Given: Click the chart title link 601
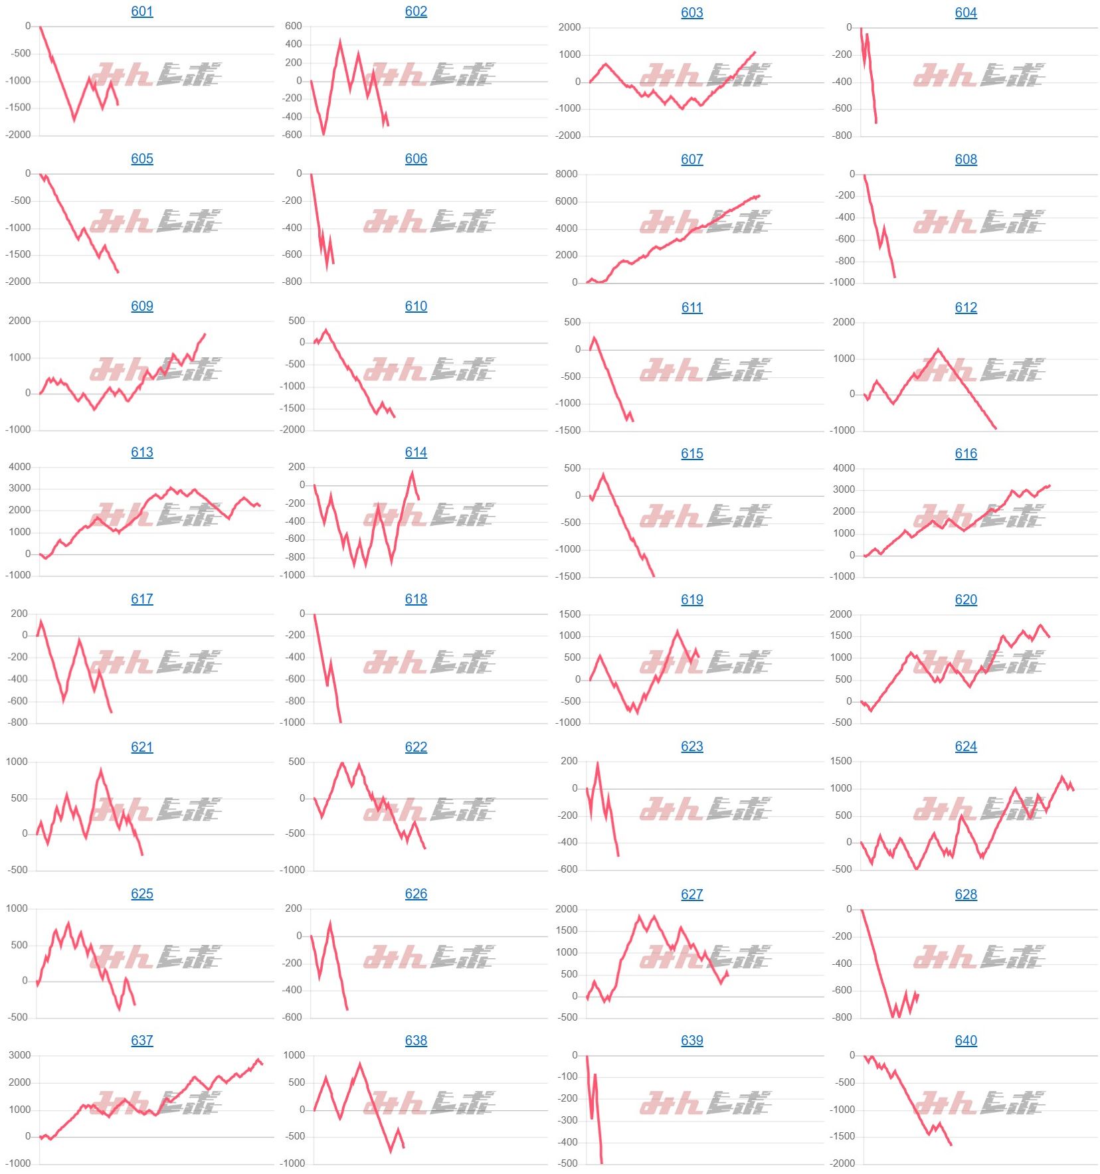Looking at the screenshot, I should pyautogui.click(x=142, y=11).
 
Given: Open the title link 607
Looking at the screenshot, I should pyautogui.click(x=691, y=159).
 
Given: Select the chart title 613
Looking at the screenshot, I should pyautogui.click(x=142, y=452).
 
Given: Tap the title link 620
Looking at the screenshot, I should pyautogui.click(x=966, y=600).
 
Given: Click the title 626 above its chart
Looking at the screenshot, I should pyautogui.click(x=416, y=894).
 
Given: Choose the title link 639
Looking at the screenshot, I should pyautogui.click(x=691, y=1041).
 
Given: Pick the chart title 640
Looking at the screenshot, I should pyautogui.click(x=966, y=1041).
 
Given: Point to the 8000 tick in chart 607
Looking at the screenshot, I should pyautogui.click(x=566, y=174).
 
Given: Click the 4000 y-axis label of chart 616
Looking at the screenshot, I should pyautogui.click(x=844, y=468).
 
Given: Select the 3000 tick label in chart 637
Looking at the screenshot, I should pyautogui.click(x=19, y=1055).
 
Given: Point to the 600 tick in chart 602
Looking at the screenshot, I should pyautogui.click(x=293, y=26).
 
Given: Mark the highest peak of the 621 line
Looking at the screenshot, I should pyautogui.click(x=101, y=770).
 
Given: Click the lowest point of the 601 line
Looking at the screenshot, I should pyautogui.click(x=74, y=120).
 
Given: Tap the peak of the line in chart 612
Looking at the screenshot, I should pyautogui.click(x=939, y=349).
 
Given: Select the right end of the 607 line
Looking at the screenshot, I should pyautogui.click(x=759, y=196).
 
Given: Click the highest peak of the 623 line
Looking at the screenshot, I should pyautogui.click(x=598, y=763).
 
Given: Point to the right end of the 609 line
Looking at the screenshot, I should pyautogui.click(x=205, y=334).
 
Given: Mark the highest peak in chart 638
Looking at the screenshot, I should pyautogui.click(x=360, y=1064).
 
